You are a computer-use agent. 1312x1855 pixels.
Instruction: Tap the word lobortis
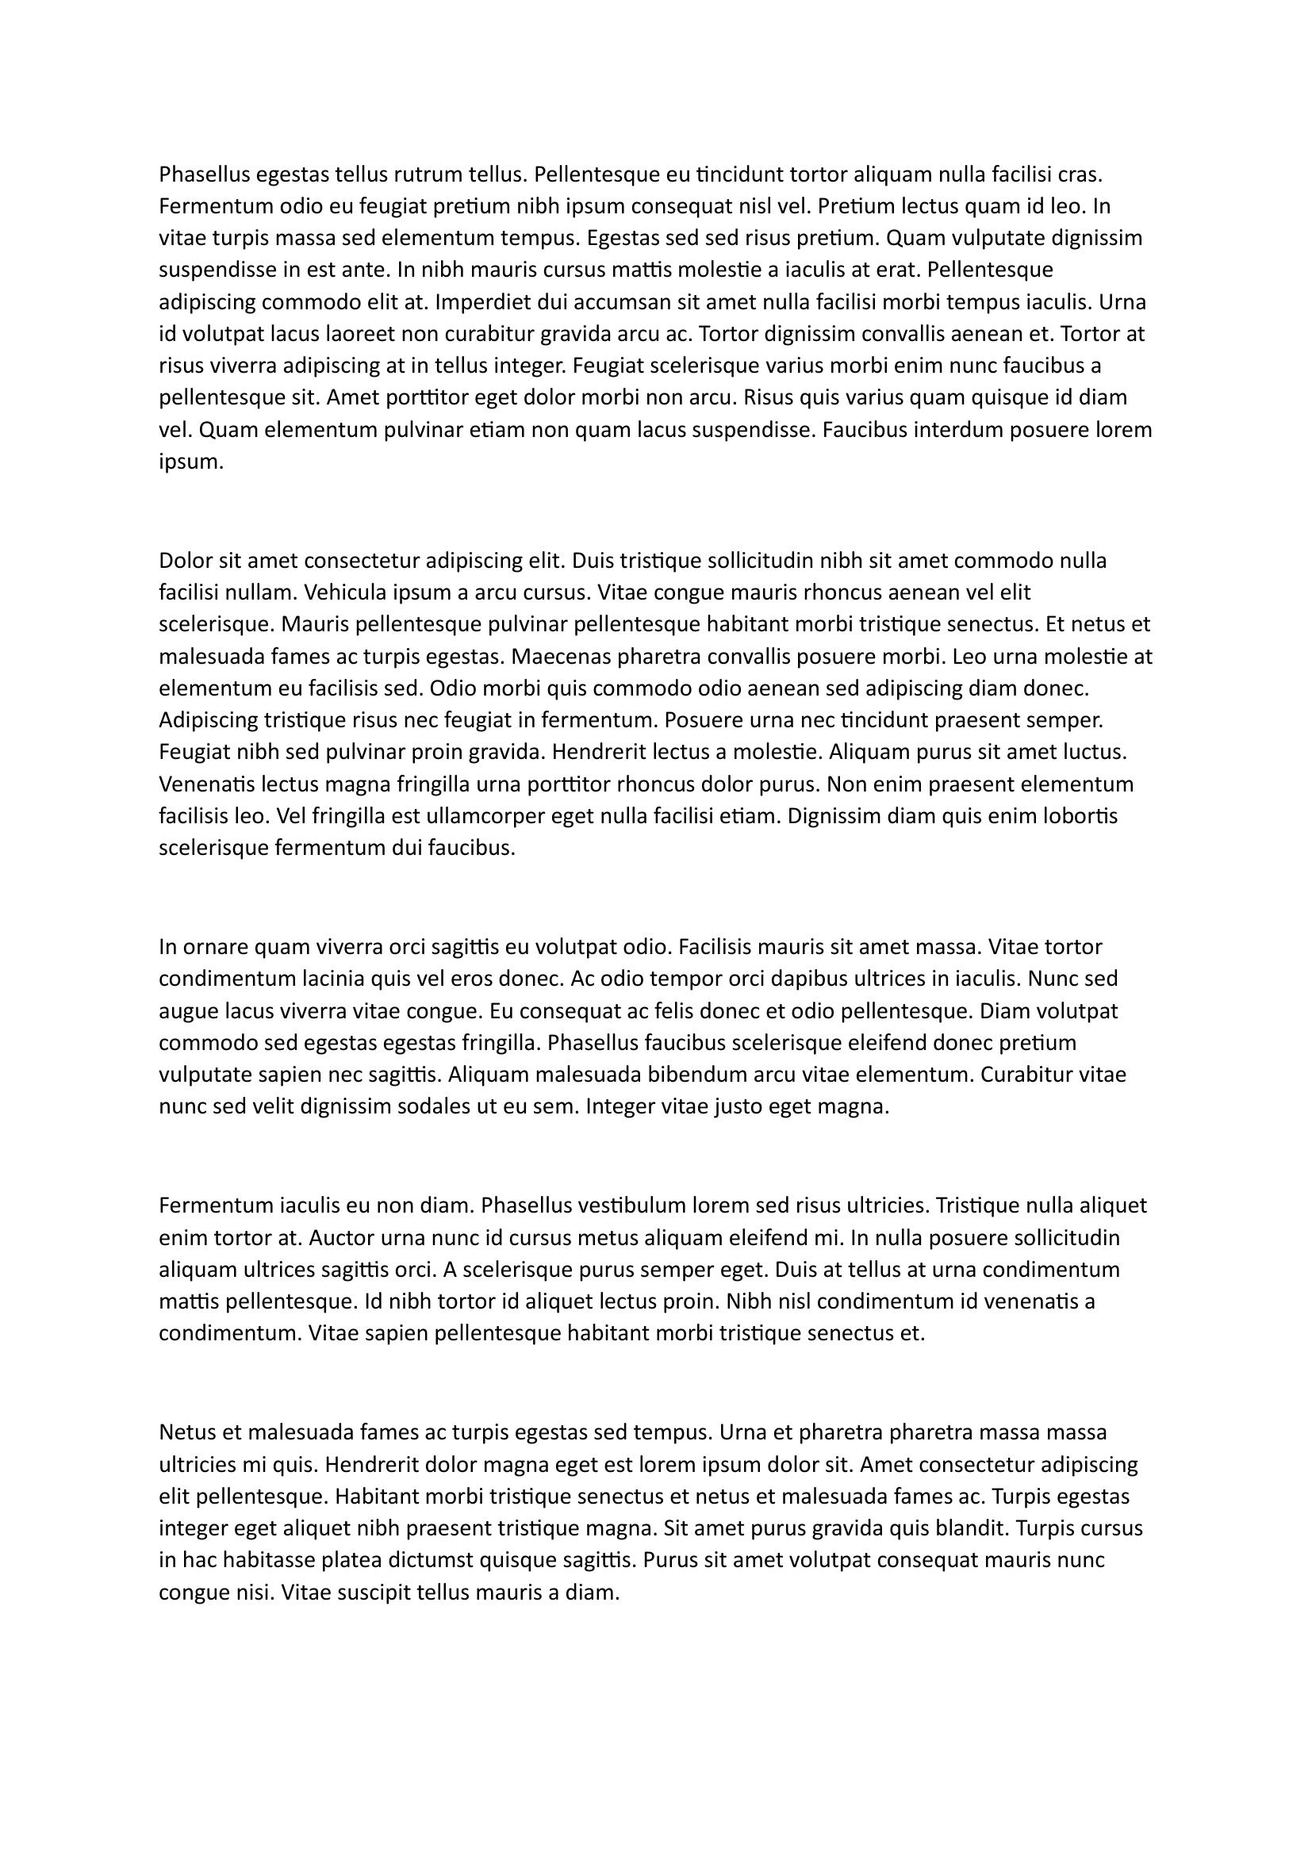pyautogui.click(x=1080, y=816)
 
